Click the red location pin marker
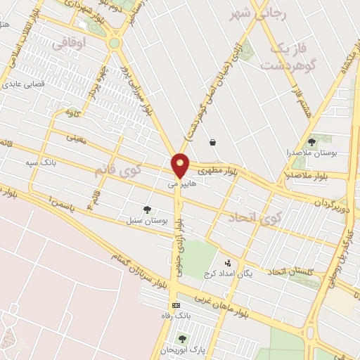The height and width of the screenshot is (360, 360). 181,165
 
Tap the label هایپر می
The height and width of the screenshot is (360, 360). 181,185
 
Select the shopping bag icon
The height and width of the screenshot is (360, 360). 212,142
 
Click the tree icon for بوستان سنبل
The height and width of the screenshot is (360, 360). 147,210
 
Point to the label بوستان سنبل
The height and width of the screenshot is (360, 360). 146,221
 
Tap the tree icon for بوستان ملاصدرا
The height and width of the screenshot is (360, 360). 311,141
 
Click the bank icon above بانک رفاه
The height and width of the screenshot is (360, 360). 176,305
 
